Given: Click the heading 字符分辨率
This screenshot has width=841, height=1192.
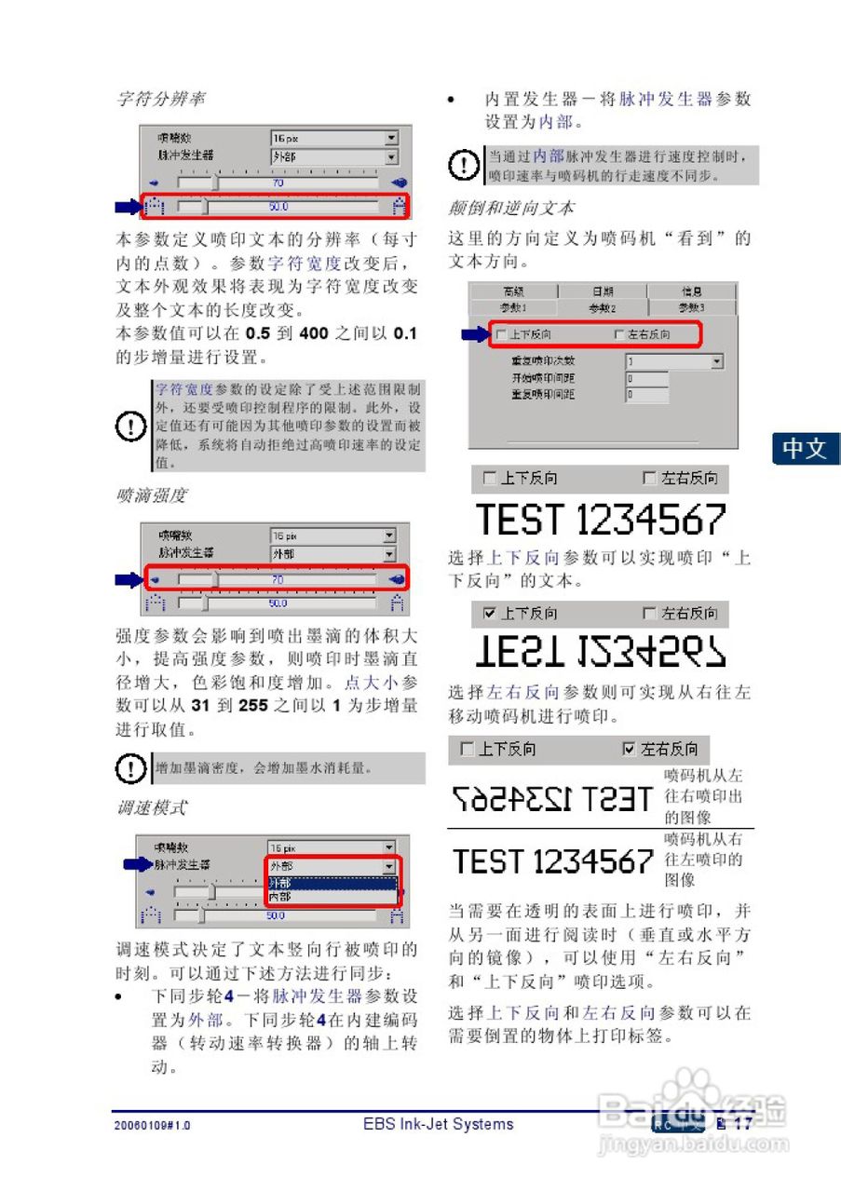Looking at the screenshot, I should click(160, 99).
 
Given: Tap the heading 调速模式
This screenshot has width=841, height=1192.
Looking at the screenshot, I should click(151, 806).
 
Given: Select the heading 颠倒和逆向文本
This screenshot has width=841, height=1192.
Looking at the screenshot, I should click(511, 207).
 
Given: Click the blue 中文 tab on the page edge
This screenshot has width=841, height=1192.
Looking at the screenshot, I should click(805, 448).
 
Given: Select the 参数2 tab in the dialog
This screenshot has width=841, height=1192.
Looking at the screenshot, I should click(603, 307).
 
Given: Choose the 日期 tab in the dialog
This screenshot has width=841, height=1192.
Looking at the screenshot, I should click(603, 291).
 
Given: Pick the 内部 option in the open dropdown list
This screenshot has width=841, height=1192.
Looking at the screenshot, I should click(279, 897).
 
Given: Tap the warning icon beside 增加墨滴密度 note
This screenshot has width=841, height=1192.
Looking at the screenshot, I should click(130, 769).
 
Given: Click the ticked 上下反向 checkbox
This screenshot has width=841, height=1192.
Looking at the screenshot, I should click(490, 614).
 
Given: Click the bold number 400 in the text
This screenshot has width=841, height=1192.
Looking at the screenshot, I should click(314, 333).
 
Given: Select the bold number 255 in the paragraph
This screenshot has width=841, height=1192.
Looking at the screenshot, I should click(253, 705).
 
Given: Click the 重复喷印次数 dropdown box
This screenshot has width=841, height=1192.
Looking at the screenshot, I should click(674, 361).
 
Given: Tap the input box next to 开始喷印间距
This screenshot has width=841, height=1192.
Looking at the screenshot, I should click(647, 379).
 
